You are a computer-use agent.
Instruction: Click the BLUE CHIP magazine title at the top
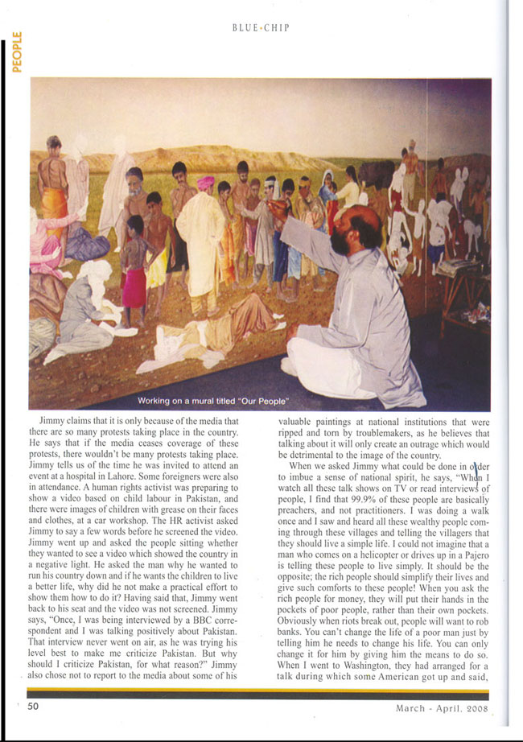260,27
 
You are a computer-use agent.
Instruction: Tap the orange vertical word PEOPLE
16,51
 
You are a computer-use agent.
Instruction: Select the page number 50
33,706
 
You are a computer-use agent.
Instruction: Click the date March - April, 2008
442,708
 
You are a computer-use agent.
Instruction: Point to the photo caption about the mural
213,401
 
